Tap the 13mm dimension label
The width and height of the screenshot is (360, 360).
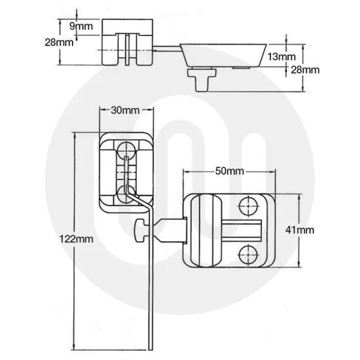282,57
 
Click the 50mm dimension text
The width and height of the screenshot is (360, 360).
229,171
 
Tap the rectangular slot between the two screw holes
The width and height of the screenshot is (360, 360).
243,230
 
